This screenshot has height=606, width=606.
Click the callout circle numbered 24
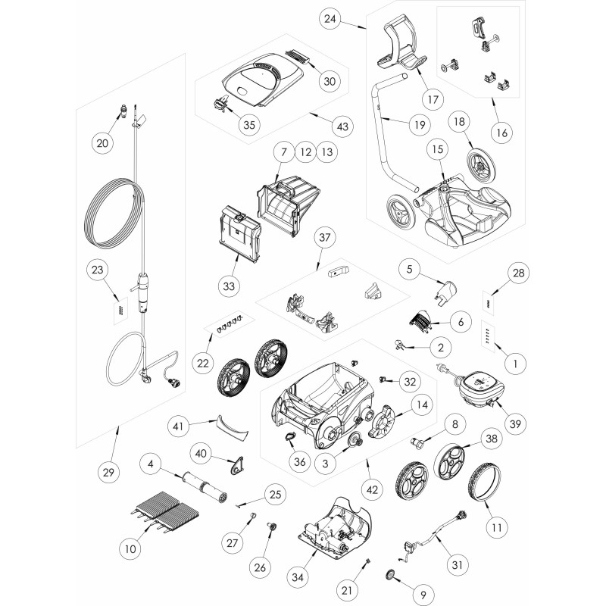330,18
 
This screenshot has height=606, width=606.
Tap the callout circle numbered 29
108,472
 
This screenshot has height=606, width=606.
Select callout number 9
423,595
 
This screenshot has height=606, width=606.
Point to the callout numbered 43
343,127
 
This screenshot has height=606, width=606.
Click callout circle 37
325,237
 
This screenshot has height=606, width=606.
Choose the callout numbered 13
327,152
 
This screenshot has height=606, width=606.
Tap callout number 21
347,590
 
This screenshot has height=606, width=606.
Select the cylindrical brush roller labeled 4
203,486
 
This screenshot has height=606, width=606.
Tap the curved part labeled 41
232,426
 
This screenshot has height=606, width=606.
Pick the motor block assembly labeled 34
335,529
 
